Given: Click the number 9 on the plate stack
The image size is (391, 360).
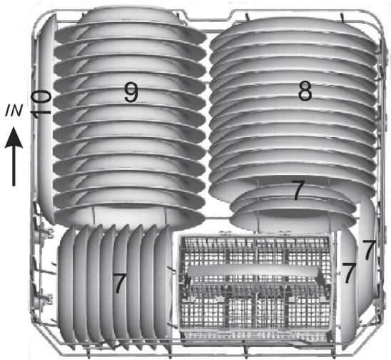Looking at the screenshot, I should [x=131, y=91].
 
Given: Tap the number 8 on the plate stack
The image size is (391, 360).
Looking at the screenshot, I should [x=305, y=91].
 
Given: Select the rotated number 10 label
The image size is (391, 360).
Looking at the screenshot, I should [x=41, y=104].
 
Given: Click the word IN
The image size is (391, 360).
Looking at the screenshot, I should [x=14, y=111].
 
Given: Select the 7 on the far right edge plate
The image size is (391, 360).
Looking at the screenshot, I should [x=368, y=250].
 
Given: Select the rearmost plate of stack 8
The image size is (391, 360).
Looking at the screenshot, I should [x=293, y=29].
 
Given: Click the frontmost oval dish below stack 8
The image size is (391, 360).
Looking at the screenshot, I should [x=293, y=219].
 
